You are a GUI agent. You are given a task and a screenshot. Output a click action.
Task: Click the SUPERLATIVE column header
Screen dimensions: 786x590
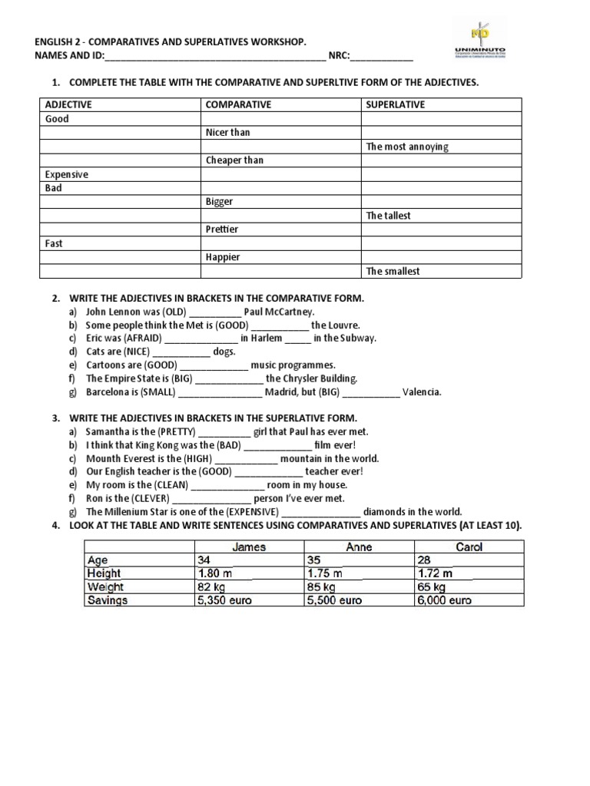[x=395, y=104]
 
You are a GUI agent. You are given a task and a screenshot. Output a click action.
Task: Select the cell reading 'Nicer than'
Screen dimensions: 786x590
[x=227, y=132]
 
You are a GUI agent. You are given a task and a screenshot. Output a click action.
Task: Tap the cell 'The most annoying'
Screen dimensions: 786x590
[x=407, y=147]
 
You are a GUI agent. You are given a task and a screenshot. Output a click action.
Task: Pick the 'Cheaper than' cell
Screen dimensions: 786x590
[x=234, y=160]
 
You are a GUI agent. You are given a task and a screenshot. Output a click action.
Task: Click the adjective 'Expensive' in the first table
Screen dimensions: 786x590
[x=67, y=174]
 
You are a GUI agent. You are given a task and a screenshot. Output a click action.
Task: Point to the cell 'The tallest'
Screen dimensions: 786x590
[x=390, y=216]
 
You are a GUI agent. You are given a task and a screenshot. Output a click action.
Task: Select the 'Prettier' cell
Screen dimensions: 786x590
[x=222, y=230]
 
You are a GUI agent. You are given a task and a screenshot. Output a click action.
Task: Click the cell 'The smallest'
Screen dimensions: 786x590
[x=393, y=271]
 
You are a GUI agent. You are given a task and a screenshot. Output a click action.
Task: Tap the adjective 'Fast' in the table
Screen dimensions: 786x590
[x=55, y=243]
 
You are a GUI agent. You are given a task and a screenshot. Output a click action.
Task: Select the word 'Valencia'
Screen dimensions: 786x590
[x=422, y=392]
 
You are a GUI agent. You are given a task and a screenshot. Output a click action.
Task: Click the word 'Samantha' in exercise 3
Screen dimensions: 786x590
[x=108, y=431]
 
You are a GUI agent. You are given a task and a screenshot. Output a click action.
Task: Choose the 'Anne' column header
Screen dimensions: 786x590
[x=359, y=547]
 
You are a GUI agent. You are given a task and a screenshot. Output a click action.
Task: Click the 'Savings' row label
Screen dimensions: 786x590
[x=108, y=601]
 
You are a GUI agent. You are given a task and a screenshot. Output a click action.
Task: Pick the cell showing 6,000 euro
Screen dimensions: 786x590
[x=445, y=601]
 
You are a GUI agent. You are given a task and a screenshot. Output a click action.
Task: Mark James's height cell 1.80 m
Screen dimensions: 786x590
[x=216, y=573]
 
